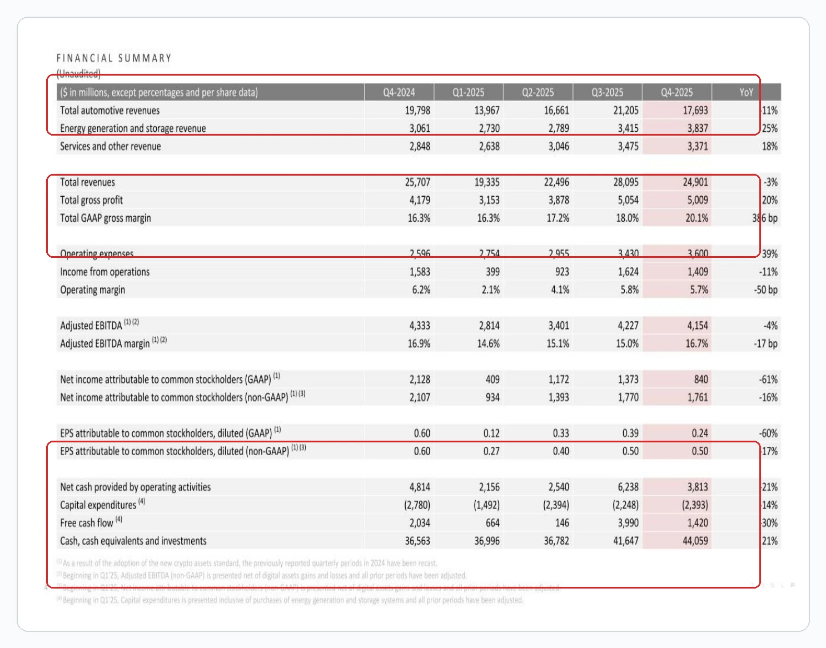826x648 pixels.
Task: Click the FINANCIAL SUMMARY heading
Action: [114, 58]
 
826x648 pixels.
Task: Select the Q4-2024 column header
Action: [399, 92]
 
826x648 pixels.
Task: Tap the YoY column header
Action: [746, 92]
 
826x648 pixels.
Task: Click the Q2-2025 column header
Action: [538, 92]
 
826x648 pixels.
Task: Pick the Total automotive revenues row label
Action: [110, 111]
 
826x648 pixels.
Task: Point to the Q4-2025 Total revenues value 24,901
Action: [695, 182]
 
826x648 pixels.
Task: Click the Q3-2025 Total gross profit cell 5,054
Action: [628, 200]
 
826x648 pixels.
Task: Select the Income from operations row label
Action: [105, 272]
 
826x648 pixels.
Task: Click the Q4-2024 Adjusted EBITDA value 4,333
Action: [420, 326]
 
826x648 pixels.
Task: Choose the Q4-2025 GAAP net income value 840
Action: [701, 380]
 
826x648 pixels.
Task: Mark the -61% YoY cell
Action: [768, 380]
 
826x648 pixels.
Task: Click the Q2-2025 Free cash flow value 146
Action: [562, 523]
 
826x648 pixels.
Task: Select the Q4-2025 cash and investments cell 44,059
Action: [695, 541]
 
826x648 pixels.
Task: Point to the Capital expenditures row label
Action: [98, 505]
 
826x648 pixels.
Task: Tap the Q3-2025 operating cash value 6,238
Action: [628, 487]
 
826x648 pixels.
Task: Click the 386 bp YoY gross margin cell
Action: [765, 218]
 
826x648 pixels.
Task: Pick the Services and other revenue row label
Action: [110, 147]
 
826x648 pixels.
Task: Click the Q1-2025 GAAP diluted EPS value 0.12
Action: [491, 433]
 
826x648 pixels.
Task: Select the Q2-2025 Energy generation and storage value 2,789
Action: [559, 128]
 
